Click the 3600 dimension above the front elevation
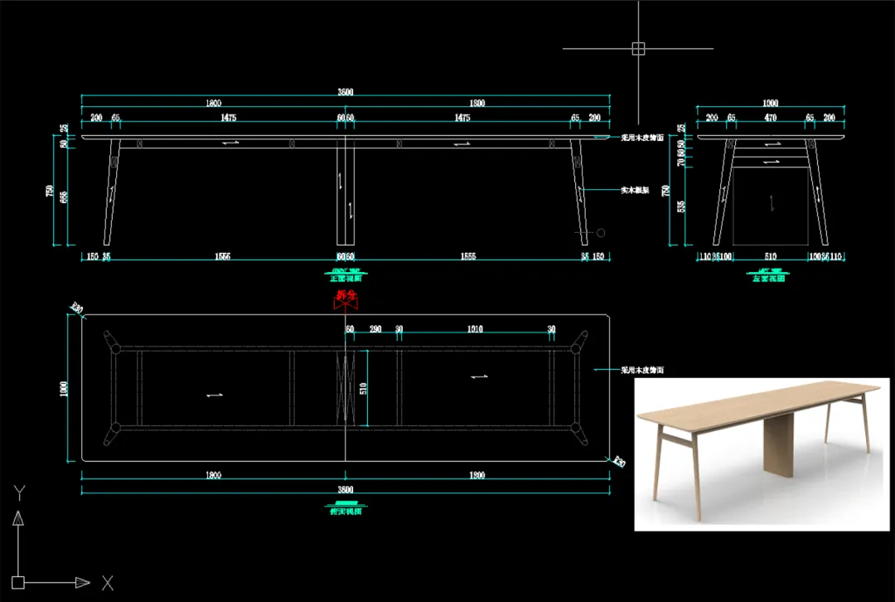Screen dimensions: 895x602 pyautogui.click(x=346, y=92)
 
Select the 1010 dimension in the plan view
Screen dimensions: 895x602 pyautogui.click(x=475, y=329)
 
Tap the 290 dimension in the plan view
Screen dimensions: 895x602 pyautogui.click(x=375, y=329)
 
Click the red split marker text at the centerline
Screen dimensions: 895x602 pyautogui.click(x=346, y=295)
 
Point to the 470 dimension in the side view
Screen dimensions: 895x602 pyautogui.click(x=771, y=119)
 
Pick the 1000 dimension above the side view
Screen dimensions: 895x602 pyautogui.click(x=770, y=104)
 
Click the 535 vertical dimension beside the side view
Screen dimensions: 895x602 pyautogui.click(x=680, y=206)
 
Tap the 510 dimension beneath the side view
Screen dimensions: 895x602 pyautogui.click(x=771, y=257)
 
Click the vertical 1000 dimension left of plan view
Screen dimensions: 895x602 pyautogui.click(x=65, y=389)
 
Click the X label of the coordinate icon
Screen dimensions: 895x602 pyautogui.click(x=107, y=583)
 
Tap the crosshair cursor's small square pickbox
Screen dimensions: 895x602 pyautogui.click(x=638, y=48)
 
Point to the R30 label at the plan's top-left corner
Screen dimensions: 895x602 pyautogui.click(x=77, y=310)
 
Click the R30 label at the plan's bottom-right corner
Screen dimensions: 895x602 pyautogui.click(x=618, y=462)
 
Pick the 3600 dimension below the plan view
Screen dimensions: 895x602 pyautogui.click(x=346, y=490)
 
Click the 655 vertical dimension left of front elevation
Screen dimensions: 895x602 pyautogui.click(x=64, y=197)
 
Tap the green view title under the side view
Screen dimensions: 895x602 pyautogui.click(x=770, y=278)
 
